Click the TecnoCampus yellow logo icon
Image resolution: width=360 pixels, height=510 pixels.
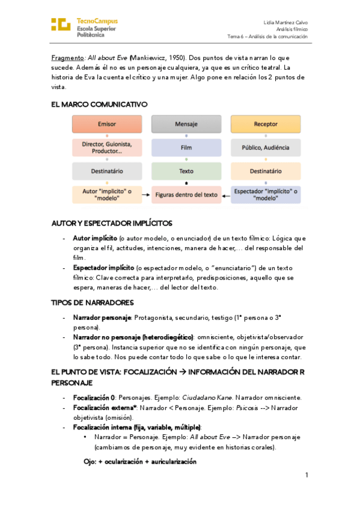point(61,24)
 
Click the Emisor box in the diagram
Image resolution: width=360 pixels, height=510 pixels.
point(108,124)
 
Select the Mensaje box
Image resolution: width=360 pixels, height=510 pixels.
point(186,124)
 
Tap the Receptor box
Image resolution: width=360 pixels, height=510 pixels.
point(266,124)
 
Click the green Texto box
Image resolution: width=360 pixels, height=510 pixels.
point(186,171)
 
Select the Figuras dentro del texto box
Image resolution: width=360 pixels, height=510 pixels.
point(186,195)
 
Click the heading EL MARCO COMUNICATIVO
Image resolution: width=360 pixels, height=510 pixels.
point(99,104)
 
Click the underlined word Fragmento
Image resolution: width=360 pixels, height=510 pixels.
point(67,58)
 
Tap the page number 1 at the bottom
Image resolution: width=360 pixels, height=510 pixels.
point(306,475)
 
